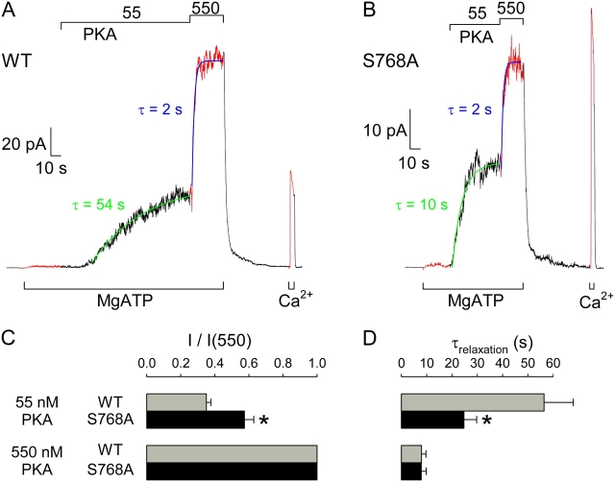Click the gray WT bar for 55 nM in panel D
point(472,402)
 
